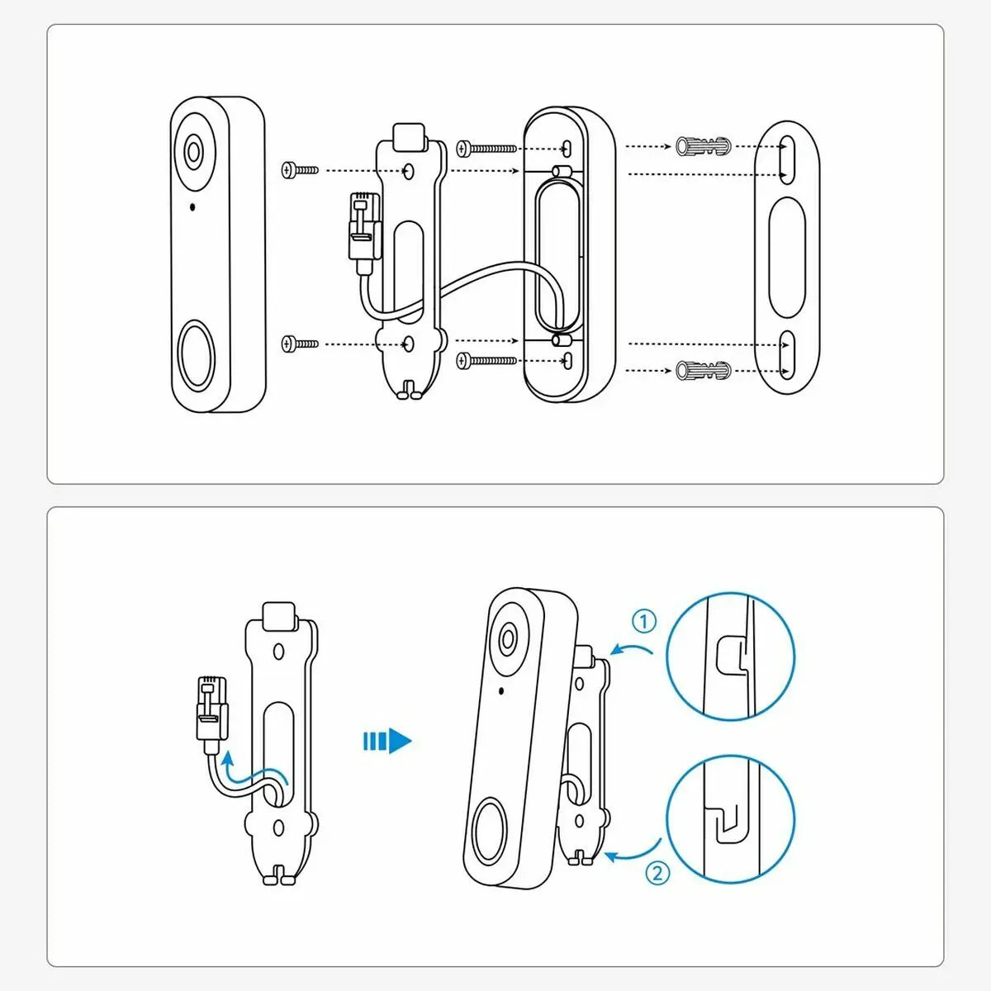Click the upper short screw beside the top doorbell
pos(300,169)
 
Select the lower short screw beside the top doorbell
pos(300,343)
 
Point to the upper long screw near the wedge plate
pos(486,149)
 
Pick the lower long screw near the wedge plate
pos(486,360)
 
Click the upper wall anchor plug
pos(703,146)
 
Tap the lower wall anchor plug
pos(703,371)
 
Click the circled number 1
pos(644,621)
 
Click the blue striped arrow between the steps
pos(386,741)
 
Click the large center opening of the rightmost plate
pos(786,256)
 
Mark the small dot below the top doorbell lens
pos(192,206)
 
